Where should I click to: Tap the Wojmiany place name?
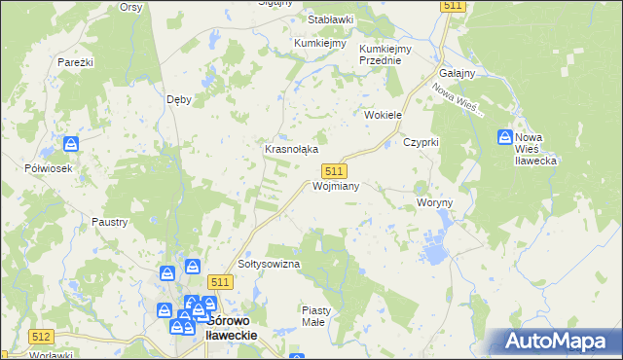pyautogui.click(x=337, y=185)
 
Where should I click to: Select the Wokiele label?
pyautogui.click(x=383, y=115)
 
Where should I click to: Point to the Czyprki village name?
pyautogui.click(x=421, y=142)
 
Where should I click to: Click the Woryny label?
pyautogui.click(x=435, y=202)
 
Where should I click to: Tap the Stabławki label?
pyautogui.click(x=330, y=19)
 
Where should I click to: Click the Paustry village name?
pyautogui.click(x=109, y=222)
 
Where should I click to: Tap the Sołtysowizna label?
pyautogui.click(x=269, y=264)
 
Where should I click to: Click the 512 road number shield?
pyautogui.click(x=41, y=337)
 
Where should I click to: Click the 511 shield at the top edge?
pyautogui.click(x=453, y=6)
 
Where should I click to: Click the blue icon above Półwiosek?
pyautogui.click(x=72, y=145)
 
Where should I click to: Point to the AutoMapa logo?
pyautogui.click(x=559, y=342)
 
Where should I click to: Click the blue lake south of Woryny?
pyautogui.click(x=433, y=255)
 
